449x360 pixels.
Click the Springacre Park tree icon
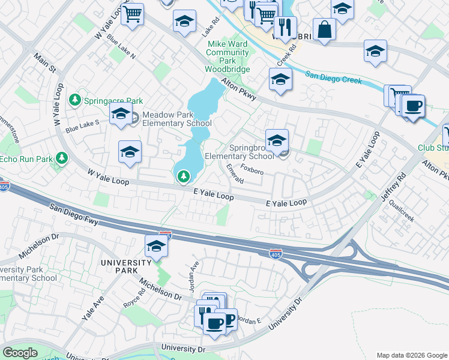point(76,100)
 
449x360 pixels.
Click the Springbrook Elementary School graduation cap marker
point(277,142)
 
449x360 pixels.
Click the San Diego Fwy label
point(74,215)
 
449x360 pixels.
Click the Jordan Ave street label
point(194,278)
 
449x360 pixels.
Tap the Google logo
point(20,353)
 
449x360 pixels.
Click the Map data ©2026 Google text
point(411,355)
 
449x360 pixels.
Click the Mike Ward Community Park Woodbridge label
point(228,56)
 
